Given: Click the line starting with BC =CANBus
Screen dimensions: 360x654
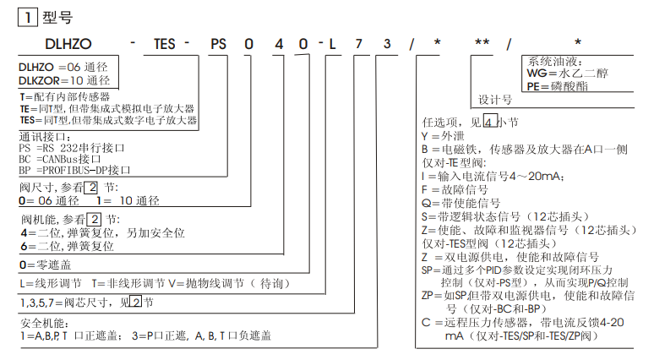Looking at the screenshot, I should point(59,158).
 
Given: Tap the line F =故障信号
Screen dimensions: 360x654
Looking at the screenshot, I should point(448,189).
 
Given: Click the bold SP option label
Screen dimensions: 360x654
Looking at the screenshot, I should point(427,270).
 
